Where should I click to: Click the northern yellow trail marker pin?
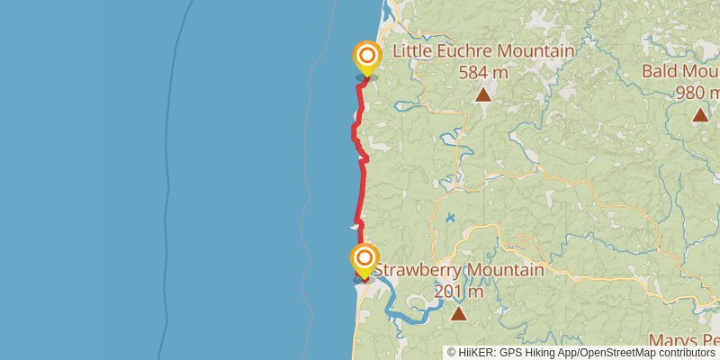pyautogui.click(x=366, y=58)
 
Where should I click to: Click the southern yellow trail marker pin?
pyautogui.click(x=364, y=259)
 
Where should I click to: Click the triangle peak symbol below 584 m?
pyautogui.click(x=483, y=94)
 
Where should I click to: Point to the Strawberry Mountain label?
pyautogui.click(x=458, y=270)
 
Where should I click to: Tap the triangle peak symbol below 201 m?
pyautogui.click(x=459, y=313)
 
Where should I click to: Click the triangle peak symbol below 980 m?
pyautogui.click(x=700, y=114)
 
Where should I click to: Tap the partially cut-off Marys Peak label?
pyautogui.click(x=688, y=340)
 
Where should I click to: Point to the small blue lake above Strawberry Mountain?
pyautogui.click(x=448, y=218)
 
